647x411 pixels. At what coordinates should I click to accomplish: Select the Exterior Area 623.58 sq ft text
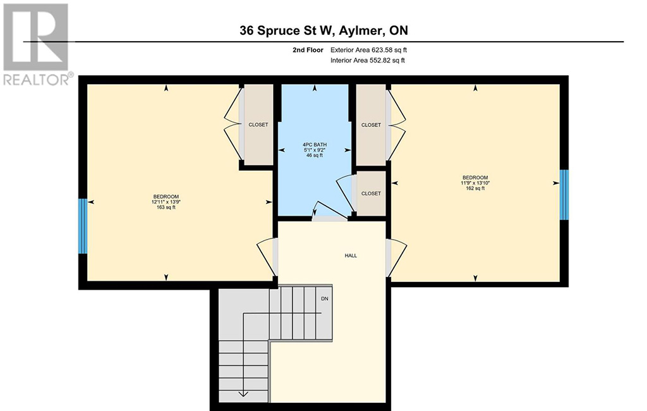coord(368,50)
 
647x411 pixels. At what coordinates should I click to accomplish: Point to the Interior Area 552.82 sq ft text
coord(368,60)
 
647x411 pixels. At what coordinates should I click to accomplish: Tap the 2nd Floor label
coord(308,50)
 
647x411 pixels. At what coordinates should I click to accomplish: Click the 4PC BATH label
coord(315,145)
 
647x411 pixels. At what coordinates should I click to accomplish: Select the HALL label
coord(351,255)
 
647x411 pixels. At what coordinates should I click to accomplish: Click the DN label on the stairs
coord(325,298)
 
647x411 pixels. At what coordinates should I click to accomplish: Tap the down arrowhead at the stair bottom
coord(243,394)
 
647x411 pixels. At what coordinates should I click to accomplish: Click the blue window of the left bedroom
coord(83,226)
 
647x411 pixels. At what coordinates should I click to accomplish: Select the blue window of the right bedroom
coord(564,195)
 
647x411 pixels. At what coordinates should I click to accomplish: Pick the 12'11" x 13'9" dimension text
coord(166,202)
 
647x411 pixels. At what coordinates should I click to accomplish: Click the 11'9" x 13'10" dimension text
coord(475,183)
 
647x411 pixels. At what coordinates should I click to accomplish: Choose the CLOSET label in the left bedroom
coord(258,125)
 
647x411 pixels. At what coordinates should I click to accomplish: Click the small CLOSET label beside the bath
coord(371,193)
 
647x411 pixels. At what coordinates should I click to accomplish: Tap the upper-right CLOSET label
coord(371,125)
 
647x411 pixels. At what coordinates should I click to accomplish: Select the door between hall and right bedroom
coord(397,257)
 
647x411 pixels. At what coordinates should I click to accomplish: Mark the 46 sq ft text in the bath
coord(315,156)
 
